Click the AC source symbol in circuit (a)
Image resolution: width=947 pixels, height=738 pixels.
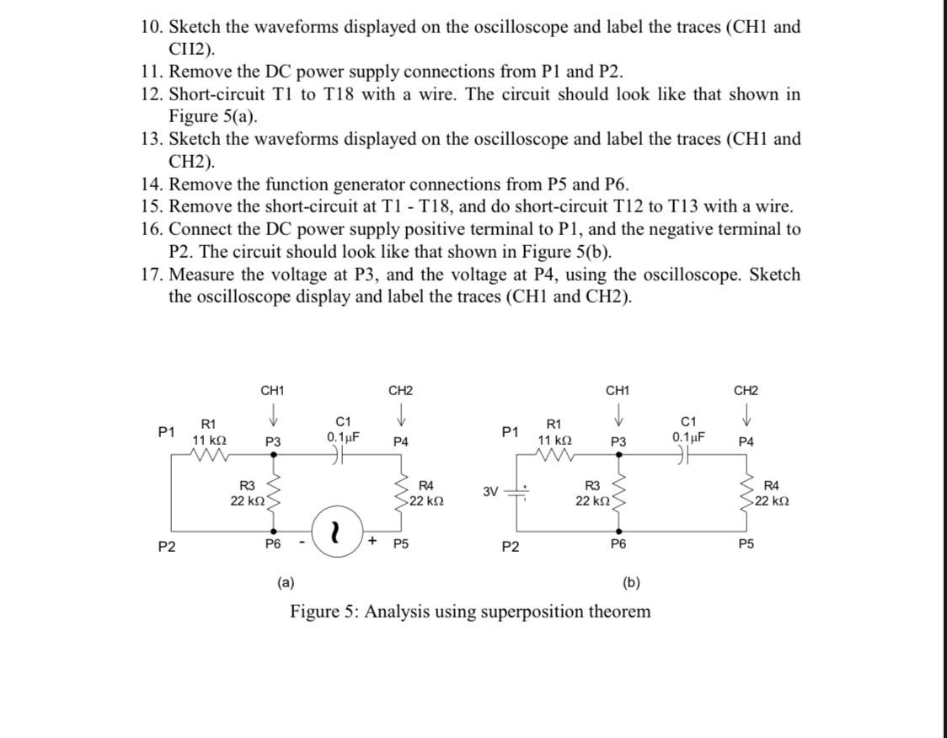(337, 532)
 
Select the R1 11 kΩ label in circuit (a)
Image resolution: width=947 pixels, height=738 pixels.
(207, 432)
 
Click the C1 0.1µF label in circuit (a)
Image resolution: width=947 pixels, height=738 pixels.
(343, 430)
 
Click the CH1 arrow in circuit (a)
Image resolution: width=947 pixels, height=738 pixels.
(272, 419)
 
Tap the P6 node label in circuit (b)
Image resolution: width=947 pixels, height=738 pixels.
(619, 545)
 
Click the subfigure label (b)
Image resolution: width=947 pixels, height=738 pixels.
(631, 581)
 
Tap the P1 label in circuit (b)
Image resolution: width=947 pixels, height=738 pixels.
(509, 432)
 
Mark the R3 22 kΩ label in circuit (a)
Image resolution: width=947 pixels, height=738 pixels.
(247, 492)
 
